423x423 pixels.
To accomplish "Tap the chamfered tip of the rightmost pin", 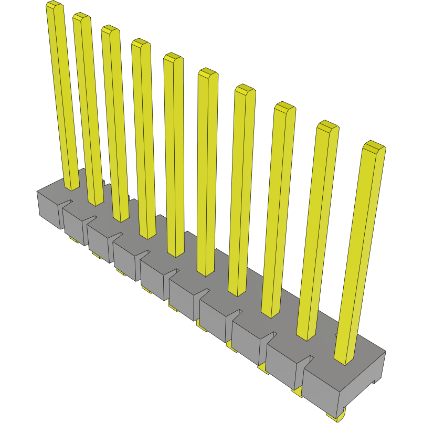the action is (374, 147).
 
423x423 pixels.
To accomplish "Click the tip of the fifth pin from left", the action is (173, 58).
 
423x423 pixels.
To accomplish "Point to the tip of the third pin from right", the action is (285, 108).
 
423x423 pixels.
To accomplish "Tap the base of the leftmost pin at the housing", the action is (72, 185).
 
